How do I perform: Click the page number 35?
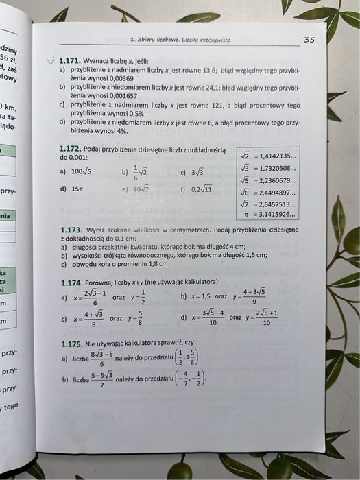[x=309, y=40]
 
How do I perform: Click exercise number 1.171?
[x=69, y=60]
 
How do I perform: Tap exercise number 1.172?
[x=71, y=149]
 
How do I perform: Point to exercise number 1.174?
[x=71, y=282]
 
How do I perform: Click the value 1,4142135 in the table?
[x=277, y=156]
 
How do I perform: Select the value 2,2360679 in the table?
[x=277, y=180]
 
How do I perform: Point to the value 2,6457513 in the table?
[x=277, y=204]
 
